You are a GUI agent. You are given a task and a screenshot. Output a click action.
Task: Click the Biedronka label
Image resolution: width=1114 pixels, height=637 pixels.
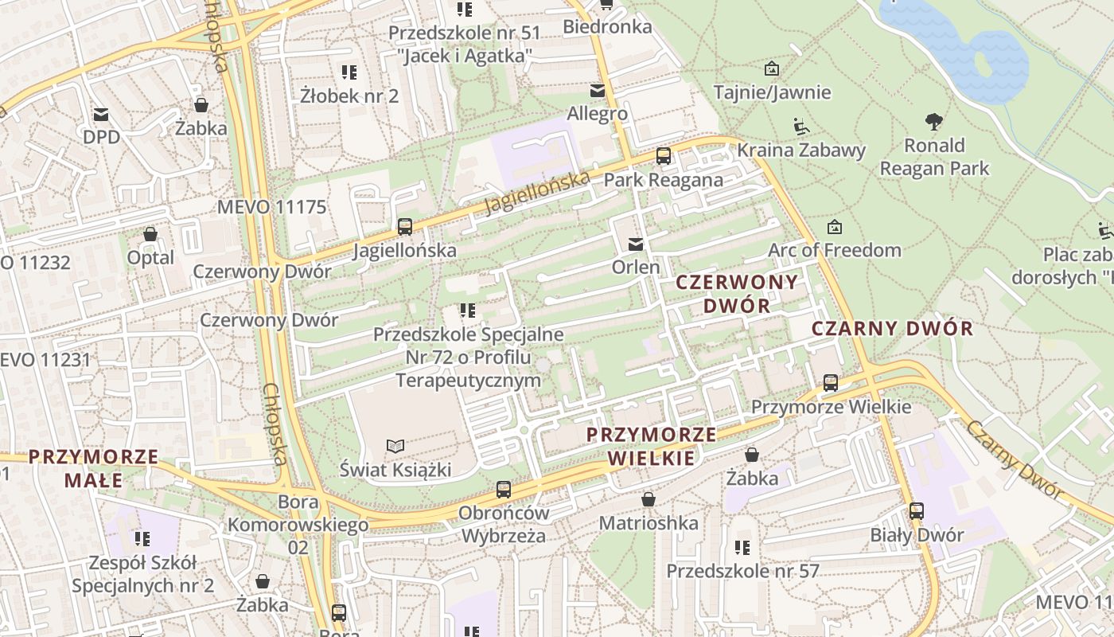[x=607, y=26]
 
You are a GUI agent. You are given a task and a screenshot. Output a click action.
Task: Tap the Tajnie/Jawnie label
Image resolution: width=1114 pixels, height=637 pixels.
[x=772, y=92]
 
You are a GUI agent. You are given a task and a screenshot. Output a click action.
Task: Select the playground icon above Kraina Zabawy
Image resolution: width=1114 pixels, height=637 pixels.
[x=801, y=127]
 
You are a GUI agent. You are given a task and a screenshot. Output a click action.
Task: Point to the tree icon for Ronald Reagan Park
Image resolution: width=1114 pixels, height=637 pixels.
[x=934, y=122]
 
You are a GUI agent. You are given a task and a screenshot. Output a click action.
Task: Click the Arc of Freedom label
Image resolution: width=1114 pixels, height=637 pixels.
[x=834, y=250]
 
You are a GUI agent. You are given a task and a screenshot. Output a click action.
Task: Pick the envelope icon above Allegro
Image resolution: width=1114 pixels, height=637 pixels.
[x=597, y=91]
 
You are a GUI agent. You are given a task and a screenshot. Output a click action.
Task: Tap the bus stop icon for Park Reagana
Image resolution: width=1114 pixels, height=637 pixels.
[x=664, y=156]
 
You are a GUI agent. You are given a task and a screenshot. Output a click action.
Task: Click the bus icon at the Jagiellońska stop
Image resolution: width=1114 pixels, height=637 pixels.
[x=405, y=227]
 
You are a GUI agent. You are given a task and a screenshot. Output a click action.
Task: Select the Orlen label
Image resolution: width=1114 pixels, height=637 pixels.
[x=636, y=267]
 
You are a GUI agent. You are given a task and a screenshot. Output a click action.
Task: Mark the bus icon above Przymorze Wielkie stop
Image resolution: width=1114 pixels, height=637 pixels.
[x=831, y=383]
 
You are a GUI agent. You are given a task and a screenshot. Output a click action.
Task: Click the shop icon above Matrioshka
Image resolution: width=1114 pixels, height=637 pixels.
[x=649, y=499]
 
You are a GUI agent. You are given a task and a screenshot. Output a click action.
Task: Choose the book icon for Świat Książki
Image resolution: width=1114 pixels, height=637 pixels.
[x=395, y=446]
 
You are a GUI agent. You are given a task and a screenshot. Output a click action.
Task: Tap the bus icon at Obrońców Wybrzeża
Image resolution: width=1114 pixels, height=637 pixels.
[x=503, y=490]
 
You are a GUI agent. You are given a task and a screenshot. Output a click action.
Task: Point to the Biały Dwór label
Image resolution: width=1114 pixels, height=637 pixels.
[x=917, y=535]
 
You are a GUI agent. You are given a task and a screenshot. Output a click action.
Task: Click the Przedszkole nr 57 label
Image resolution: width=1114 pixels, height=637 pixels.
[x=742, y=571]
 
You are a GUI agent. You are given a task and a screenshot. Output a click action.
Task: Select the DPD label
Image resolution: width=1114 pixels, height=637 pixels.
[x=101, y=137]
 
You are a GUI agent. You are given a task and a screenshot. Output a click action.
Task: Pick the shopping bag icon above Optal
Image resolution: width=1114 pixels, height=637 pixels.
[x=150, y=234]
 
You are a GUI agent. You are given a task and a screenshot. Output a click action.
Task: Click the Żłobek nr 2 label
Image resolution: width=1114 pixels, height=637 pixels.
[x=349, y=96]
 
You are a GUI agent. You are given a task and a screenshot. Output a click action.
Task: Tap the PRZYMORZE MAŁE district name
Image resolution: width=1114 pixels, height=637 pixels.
[x=94, y=469]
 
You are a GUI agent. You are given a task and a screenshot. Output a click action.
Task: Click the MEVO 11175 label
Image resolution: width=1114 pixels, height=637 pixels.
[x=272, y=208]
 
